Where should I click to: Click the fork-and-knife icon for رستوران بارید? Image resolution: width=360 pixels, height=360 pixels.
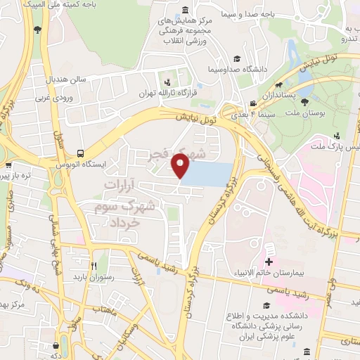click(x=94, y=266)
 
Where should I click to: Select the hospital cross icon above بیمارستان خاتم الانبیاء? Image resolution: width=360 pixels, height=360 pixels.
click(x=269, y=262)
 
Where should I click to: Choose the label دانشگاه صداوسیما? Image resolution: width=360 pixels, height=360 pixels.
click(x=236, y=70)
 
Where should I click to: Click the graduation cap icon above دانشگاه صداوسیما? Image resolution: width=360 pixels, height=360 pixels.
click(x=237, y=58)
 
